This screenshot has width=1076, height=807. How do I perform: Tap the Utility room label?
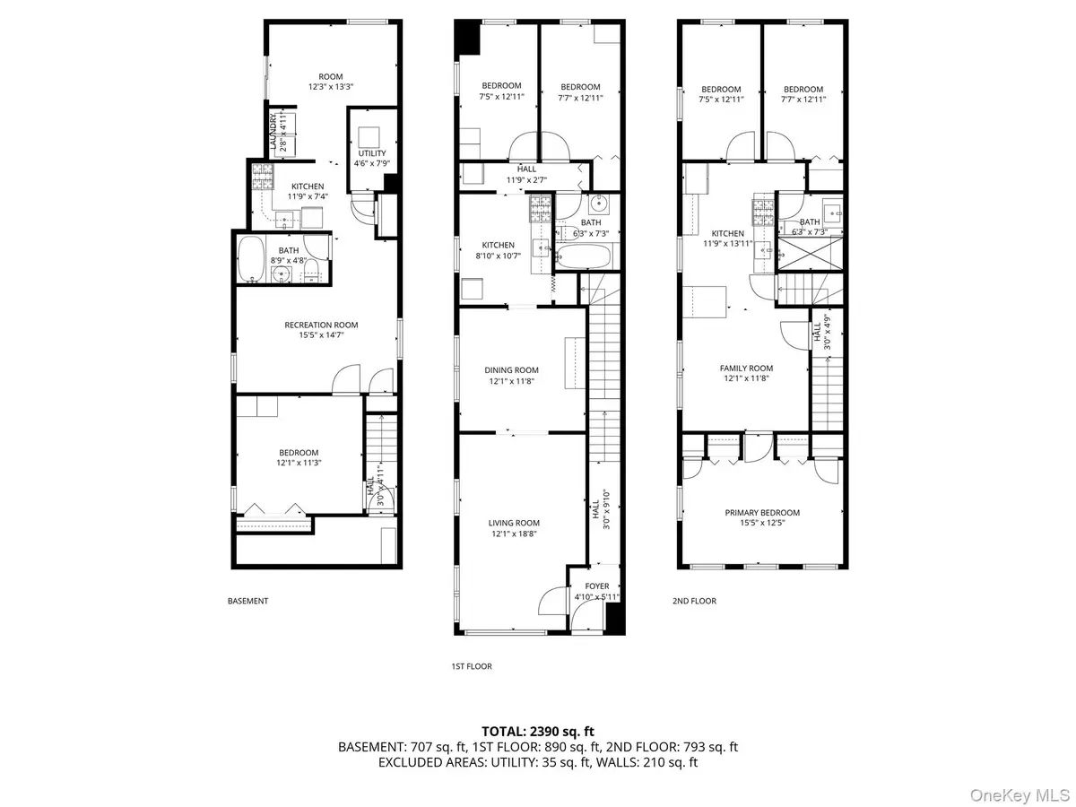372,153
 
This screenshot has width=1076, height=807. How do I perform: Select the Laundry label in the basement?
273,131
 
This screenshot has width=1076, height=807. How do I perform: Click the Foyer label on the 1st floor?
597,586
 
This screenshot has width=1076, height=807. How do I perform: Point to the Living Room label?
514,523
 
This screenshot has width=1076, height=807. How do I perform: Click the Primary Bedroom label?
762,513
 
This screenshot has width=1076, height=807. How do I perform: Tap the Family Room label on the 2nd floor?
746,368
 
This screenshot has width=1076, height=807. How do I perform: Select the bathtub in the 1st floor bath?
583,258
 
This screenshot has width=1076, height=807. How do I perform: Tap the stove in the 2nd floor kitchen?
763,211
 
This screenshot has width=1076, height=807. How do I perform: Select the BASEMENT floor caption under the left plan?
247,601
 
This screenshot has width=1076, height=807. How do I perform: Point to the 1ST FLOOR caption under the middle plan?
471,666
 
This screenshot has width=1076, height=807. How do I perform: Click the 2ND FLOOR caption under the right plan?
695,601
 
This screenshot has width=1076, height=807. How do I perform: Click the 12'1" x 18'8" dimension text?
514,534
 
